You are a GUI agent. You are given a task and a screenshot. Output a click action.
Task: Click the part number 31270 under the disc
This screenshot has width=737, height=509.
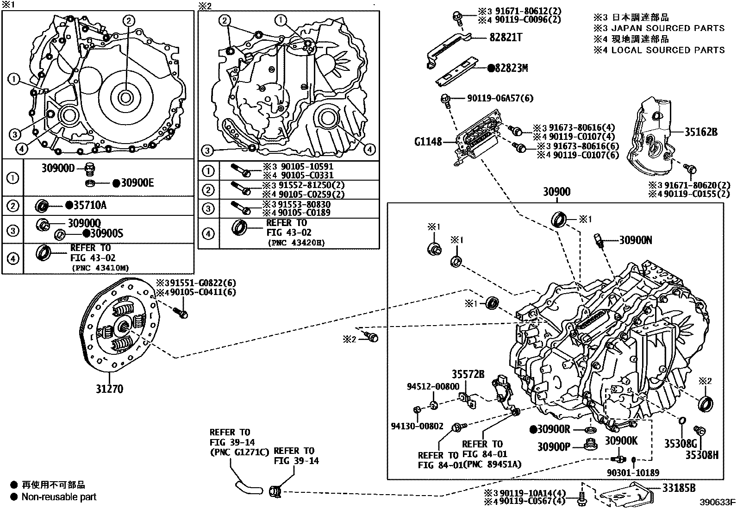click(109, 389)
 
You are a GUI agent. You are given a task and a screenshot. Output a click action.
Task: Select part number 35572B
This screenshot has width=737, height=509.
click(468, 374)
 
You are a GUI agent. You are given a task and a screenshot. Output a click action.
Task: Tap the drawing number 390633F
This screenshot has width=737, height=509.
click(717, 502)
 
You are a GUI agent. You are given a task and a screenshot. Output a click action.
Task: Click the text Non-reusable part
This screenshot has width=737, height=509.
click(59, 497)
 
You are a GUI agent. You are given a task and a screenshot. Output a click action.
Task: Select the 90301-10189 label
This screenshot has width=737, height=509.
click(632, 472)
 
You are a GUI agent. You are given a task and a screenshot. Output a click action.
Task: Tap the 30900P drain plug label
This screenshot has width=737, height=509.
click(554, 446)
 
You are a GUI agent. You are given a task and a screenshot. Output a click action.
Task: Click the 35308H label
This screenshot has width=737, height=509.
click(702, 455)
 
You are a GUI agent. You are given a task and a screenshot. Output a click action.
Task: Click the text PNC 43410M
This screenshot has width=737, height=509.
click(100, 267)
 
